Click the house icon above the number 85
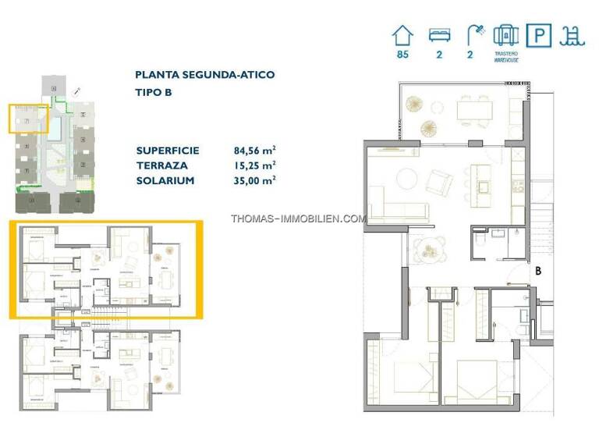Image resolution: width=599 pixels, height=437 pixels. [402, 35]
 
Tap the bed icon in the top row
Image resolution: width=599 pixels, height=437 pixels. [439, 35]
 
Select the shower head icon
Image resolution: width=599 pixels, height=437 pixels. [474, 35]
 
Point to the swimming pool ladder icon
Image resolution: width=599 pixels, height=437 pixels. [575, 36]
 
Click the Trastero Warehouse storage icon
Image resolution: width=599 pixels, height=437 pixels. [506, 35]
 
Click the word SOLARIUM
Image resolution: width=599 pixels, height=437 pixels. [165, 180]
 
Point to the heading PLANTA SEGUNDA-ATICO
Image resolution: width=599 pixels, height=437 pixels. [204, 76]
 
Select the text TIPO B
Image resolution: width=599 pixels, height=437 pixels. [153, 93]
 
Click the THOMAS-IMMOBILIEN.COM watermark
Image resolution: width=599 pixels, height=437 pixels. [298, 218]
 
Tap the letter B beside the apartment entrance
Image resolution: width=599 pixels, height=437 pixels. [537, 271]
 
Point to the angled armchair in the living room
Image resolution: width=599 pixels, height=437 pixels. [440, 183]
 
